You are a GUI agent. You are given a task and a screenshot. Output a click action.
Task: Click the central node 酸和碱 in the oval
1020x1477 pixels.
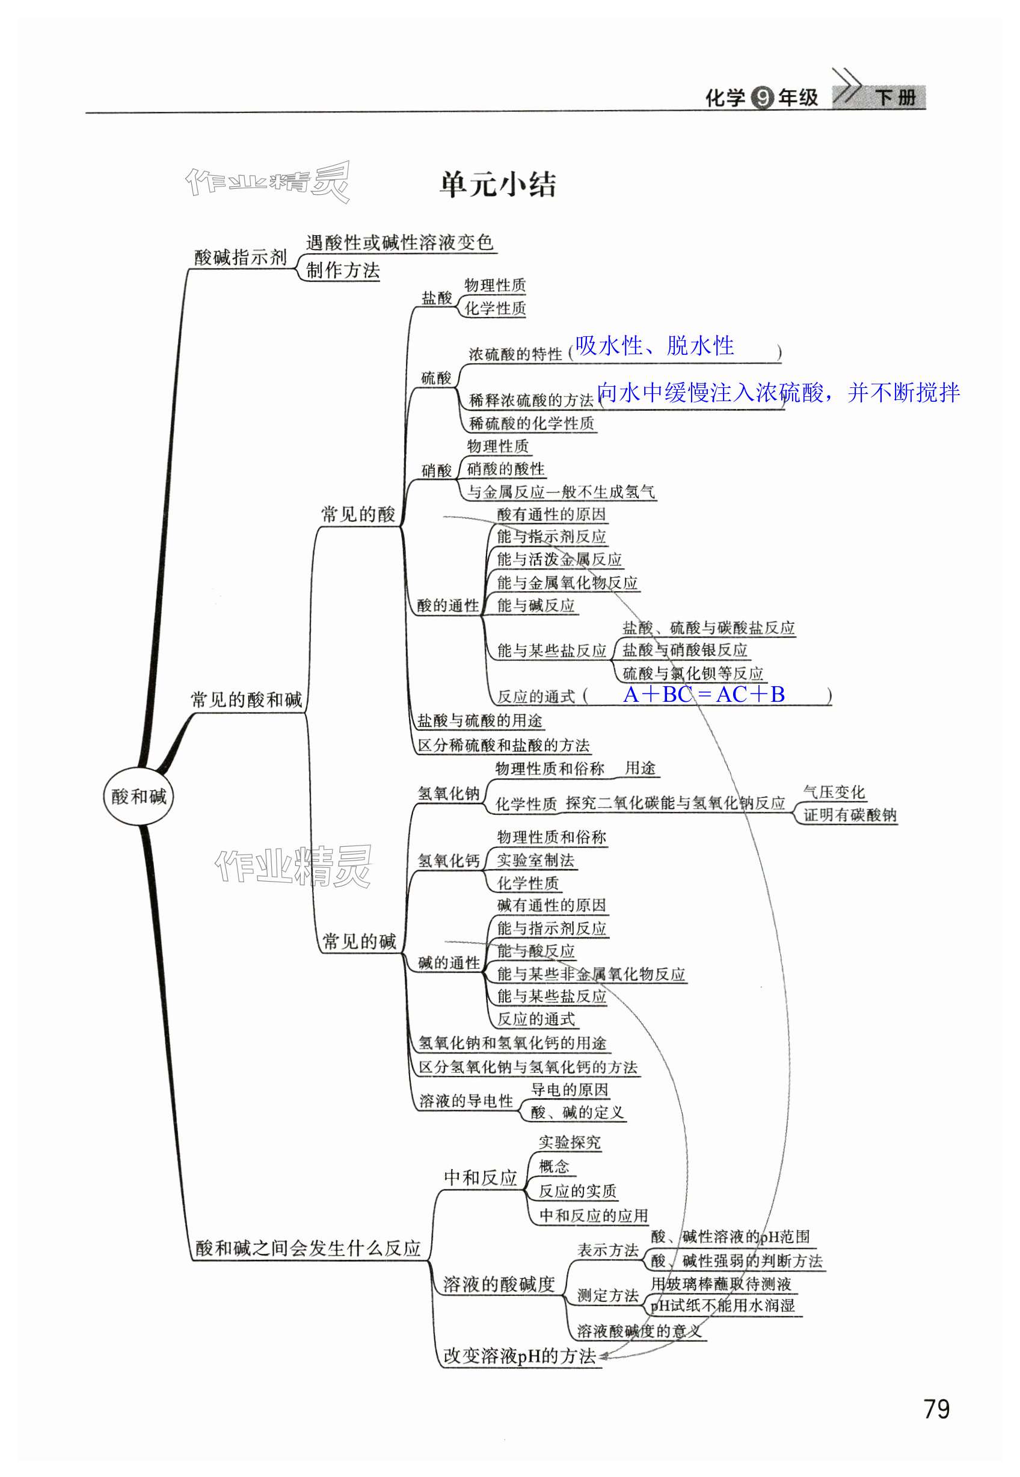[138, 796]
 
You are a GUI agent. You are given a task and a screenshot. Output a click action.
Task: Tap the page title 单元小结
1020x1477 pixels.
[497, 185]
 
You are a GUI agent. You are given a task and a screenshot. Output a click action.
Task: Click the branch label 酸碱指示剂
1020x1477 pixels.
[241, 257]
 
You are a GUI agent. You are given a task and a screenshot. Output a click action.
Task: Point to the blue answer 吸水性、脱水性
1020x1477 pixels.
[654, 346]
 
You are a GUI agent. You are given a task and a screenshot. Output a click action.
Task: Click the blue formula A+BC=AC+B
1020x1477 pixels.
[704, 694]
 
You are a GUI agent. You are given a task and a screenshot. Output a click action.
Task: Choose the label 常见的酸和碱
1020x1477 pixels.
[246, 700]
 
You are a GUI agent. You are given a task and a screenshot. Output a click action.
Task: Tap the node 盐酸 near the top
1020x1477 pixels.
[437, 298]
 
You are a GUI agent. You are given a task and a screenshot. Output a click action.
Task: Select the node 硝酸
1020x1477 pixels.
[437, 471]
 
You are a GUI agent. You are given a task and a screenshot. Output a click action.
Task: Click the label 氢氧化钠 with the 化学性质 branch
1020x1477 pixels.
[448, 793]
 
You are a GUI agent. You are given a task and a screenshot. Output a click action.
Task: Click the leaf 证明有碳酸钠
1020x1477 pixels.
[849, 815]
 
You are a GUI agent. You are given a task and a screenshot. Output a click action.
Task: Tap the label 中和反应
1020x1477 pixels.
[480, 1178]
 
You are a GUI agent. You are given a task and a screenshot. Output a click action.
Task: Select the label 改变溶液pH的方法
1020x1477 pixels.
[519, 1356]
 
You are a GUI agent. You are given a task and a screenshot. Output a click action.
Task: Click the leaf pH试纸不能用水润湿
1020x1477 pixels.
[722, 1306]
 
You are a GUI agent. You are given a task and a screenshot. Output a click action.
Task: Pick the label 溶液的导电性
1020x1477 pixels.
[466, 1101]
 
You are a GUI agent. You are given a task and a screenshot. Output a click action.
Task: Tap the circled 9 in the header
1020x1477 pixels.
[762, 98]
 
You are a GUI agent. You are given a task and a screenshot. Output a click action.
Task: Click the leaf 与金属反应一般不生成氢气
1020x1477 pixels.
[561, 491]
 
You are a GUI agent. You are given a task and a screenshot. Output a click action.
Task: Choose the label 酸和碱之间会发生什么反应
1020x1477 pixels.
[308, 1248]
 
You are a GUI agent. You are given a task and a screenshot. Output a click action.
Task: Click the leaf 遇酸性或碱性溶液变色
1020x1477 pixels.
[399, 242]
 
